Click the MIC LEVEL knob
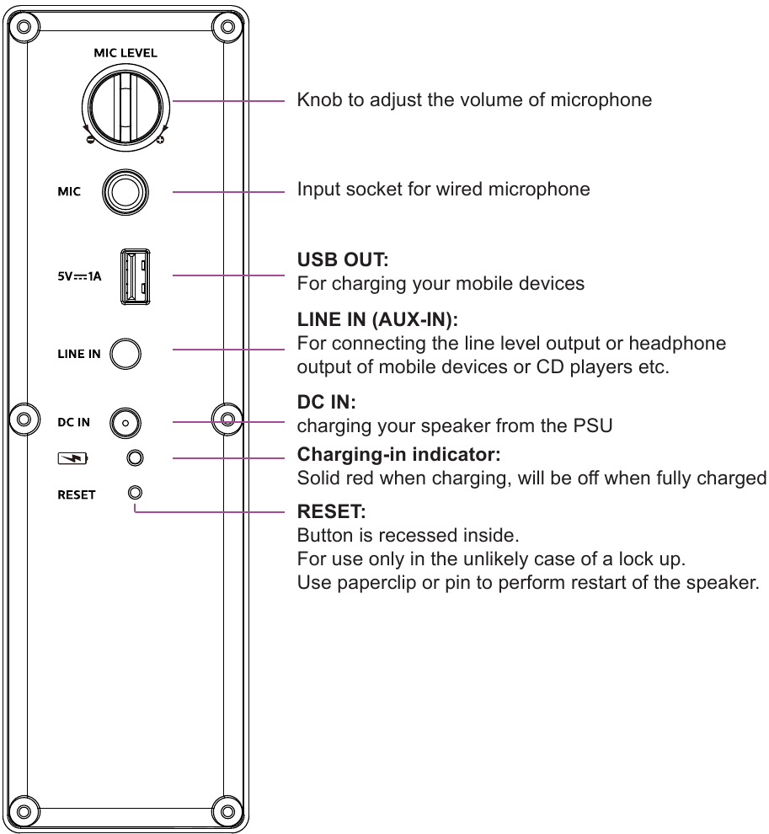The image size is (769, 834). pyautogui.click(x=125, y=104)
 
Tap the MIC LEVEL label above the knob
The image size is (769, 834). pyautogui.click(x=125, y=53)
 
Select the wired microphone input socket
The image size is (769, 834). pyautogui.click(x=125, y=192)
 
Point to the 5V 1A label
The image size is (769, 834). pyautogui.click(x=79, y=275)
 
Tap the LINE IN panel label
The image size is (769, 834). pyautogui.click(x=78, y=354)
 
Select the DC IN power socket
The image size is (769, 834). pyautogui.click(x=125, y=422)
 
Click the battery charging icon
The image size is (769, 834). pyautogui.click(x=72, y=459)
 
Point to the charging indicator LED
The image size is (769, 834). pyautogui.click(x=135, y=458)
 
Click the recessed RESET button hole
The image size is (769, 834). pyautogui.click(x=135, y=492)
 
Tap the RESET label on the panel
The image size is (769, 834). pyautogui.click(x=76, y=495)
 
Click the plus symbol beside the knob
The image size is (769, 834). pyautogui.click(x=160, y=140)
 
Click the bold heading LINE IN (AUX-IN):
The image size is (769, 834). pyautogui.click(x=377, y=320)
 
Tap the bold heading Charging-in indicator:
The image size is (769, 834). pyautogui.click(x=398, y=455)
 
